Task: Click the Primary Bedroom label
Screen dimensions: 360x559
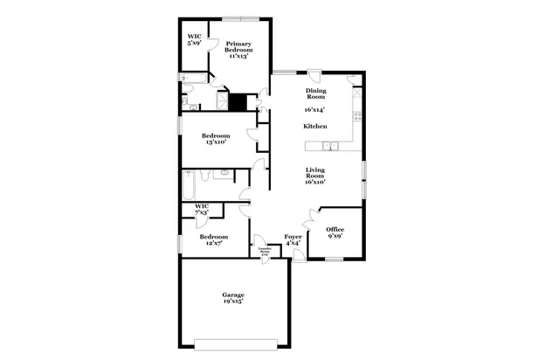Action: click(x=239, y=49)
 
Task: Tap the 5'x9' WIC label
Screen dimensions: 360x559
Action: click(x=195, y=40)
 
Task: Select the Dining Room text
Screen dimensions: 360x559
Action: click(x=315, y=94)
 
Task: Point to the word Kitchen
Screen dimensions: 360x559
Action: click(x=315, y=127)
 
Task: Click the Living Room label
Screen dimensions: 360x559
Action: click(x=315, y=177)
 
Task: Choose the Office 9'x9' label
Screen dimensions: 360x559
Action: click(x=335, y=232)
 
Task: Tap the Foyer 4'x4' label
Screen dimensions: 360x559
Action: click(x=293, y=239)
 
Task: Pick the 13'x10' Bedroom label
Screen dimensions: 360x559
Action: click(x=215, y=139)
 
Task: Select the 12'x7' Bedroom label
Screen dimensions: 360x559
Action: click(x=213, y=239)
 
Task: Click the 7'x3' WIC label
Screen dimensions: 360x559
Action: click(x=202, y=210)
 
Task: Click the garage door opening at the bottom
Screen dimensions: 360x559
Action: click(x=233, y=342)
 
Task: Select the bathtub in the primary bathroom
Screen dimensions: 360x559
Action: click(x=196, y=79)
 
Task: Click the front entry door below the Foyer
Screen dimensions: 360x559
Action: click(x=299, y=255)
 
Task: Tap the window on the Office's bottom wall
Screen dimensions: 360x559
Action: click(x=334, y=259)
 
